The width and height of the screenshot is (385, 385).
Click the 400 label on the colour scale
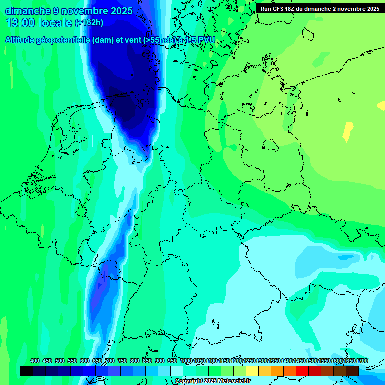(35, 361)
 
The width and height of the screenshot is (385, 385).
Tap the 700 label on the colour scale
(110, 361)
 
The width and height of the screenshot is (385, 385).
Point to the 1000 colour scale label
(186, 361)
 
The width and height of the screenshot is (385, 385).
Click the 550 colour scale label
(72, 361)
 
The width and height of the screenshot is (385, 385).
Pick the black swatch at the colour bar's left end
(27, 371)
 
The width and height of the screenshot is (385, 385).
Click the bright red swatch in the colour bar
(302, 371)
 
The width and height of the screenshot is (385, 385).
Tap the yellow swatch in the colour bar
(252, 371)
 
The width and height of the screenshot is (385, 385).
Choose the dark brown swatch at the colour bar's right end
(352, 371)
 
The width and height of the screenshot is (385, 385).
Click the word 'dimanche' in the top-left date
(28, 11)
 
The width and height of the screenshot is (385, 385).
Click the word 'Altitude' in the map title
(22, 40)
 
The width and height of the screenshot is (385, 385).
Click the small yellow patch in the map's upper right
(348, 131)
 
